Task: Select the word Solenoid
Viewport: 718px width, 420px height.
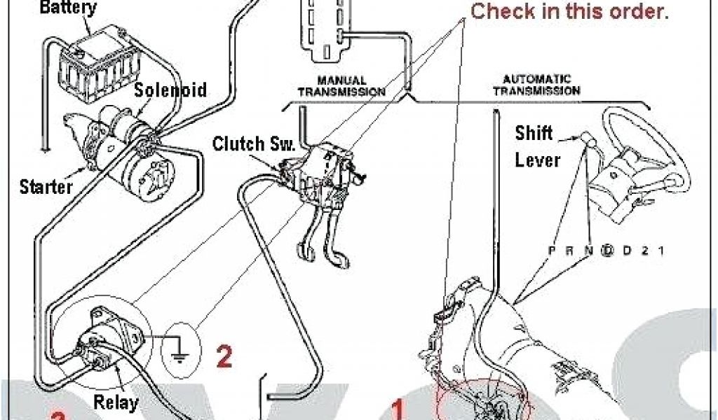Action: pyautogui.click(x=171, y=90)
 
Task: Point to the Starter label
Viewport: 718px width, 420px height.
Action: pyautogui.click(x=46, y=187)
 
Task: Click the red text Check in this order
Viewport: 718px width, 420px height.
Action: pyautogui.click(x=569, y=11)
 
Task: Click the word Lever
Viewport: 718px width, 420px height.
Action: pyautogui.click(x=538, y=160)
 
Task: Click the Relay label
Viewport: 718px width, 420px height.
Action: pyautogui.click(x=116, y=404)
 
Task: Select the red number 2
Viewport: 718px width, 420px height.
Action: pyautogui.click(x=224, y=357)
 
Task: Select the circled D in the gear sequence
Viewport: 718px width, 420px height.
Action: pyautogui.click(x=609, y=251)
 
